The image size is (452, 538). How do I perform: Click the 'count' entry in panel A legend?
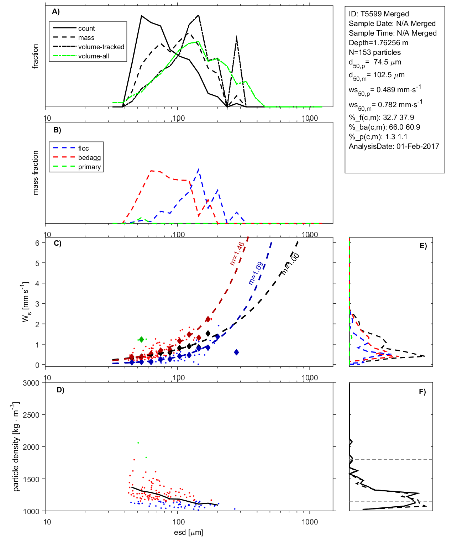point(86,28)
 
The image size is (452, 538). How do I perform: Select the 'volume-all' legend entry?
point(93,56)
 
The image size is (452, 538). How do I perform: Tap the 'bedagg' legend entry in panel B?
point(89,158)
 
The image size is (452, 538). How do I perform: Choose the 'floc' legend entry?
point(84,148)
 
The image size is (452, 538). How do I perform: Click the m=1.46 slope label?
point(237,254)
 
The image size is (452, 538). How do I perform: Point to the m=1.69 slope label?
point(256,273)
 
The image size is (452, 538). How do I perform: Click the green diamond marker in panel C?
point(141,339)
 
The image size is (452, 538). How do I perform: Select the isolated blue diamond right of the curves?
point(236,352)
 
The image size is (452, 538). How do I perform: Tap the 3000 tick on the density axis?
point(31,383)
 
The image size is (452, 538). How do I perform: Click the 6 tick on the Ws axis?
point(37,243)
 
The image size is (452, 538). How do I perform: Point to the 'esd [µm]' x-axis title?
point(188,532)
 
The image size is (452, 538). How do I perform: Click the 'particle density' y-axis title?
point(16,446)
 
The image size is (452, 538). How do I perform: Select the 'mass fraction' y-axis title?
point(35,173)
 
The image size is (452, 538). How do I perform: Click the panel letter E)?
point(423,246)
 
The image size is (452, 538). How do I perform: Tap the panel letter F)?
point(422,392)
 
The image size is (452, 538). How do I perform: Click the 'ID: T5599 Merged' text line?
point(379,14)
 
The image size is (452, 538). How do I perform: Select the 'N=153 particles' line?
point(374,52)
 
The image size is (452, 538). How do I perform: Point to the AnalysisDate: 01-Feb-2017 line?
point(394,146)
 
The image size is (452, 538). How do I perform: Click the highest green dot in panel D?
point(138,443)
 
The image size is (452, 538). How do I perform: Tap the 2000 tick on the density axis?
point(31,447)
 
